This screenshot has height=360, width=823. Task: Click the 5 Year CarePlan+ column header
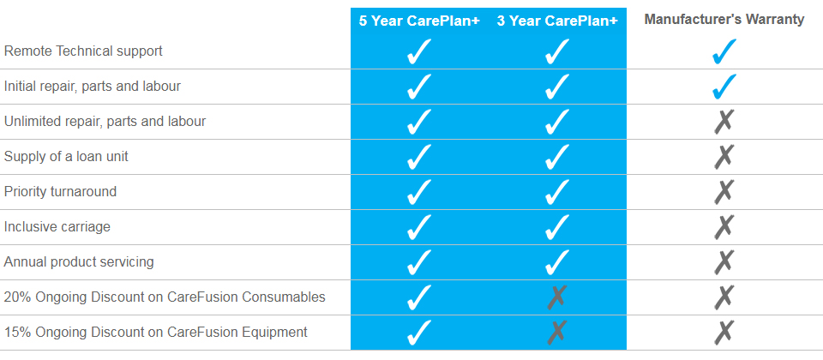click(419, 21)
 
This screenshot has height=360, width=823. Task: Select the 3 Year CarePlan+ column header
click(557, 21)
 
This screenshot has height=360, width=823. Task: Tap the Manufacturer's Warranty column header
click(724, 20)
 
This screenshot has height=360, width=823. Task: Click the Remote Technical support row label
click(83, 51)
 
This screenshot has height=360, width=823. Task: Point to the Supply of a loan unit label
click(66, 156)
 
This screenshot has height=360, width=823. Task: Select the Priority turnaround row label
click(60, 191)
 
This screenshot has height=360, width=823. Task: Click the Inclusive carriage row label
click(57, 226)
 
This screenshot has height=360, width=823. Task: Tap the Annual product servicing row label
click(79, 262)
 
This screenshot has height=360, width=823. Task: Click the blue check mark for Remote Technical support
click(724, 51)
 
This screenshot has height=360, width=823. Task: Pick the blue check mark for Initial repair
click(724, 87)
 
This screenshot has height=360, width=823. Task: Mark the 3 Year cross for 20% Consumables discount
click(557, 297)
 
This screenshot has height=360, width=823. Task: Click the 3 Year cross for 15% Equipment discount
click(557, 333)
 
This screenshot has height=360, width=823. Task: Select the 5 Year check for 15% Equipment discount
click(419, 333)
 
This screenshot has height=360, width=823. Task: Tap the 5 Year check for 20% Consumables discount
click(419, 297)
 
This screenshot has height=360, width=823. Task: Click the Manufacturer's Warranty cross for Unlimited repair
click(724, 122)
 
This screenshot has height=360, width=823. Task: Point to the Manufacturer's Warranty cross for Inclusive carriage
click(724, 226)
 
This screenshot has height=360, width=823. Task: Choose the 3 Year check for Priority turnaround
click(557, 191)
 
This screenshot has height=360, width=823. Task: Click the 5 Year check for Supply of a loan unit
click(419, 156)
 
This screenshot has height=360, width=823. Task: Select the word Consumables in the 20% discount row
click(284, 297)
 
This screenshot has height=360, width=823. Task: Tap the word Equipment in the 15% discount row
click(274, 333)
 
